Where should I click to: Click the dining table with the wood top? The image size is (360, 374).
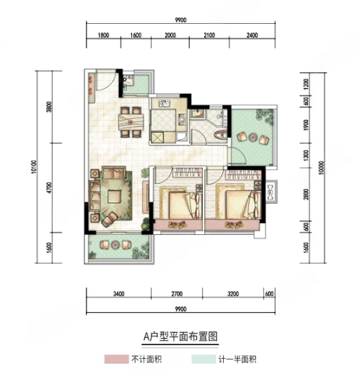[131, 122]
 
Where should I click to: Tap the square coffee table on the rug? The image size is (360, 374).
[115, 197]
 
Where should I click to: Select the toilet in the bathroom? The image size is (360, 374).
[220, 135]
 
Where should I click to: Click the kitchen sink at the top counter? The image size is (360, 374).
[164, 104]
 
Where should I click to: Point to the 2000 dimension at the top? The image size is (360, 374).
[170, 35]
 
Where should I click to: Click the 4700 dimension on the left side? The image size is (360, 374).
[50, 188]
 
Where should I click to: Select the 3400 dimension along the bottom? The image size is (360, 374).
[119, 294]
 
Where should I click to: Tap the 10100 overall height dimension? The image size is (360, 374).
[34, 166]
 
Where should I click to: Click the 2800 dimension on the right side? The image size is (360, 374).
[306, 195]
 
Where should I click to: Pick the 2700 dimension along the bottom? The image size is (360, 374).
[177, 294]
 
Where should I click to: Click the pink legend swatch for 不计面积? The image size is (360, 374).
[116, 360]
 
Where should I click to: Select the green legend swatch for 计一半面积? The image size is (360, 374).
[203, 360]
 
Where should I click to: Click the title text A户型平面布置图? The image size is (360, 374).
[180, 337]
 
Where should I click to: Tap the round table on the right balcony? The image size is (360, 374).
[253, 137]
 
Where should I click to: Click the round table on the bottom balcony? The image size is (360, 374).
[115, 245]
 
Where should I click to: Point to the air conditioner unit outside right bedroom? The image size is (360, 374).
[271, 192]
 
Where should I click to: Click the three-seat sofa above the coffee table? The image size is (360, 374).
[114, 172]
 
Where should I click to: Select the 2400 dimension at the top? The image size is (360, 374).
[252, 35]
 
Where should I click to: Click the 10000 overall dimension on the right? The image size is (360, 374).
[322, 167]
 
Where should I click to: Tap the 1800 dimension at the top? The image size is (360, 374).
[103, 35]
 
